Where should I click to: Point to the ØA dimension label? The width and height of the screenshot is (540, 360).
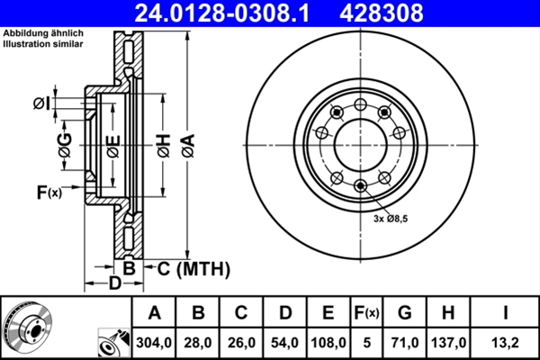187,144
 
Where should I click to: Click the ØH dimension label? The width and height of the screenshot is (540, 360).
163,144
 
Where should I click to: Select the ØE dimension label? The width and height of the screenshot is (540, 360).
112,144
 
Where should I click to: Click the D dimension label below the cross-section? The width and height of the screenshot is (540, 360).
114,285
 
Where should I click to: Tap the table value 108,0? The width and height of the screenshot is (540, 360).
328,343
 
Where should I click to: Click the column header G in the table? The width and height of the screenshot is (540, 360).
404,313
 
